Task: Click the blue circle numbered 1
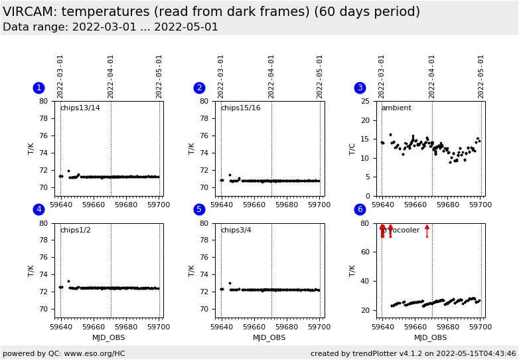pyautogui.click(x=38, y=88)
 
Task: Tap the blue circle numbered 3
pyautogui.click(x=360, y=88)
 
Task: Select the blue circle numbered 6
pyautogui.click(x=360, y=209)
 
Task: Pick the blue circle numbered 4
pyautogui.click(x=38, y=209)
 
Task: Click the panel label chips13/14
pyautogui.click(x=80, y=108)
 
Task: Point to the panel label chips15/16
pyautogui.click(x=240, y=108)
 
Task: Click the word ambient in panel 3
pyautogui.click(x=396, y=108)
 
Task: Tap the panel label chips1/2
pyautogui.click(x=75, y=230)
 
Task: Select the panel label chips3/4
pyautogui.click(x=236, y=230)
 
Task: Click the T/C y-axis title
pyautogui.click(x=352, y=148)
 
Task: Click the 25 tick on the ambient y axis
pyautogui.click(x=371, y=101)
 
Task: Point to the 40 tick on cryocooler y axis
pyautogui.click(x=371, y=281)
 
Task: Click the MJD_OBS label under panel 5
pyautogui.click(x=269, y=337)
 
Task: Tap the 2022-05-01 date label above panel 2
pyautogui.click(x=320, y=76)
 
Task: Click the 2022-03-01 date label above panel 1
pyautogui.click(x=60, y=76)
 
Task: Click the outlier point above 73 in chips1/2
pyautogui.click(x=68, y=281)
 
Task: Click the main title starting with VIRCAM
pyautogui.click(x=211, y=12)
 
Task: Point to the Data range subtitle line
pyautogui.click(x=110, y=27)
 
